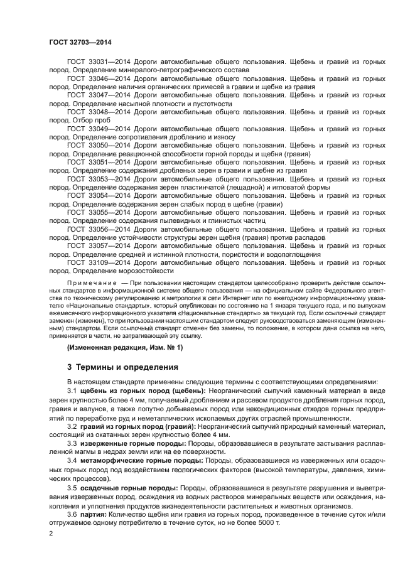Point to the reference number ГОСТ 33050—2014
click(x=95, y=145)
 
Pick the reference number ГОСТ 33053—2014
click(x=95, y=178)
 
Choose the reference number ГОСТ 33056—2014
click(x=95, y=229)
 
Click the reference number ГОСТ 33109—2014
click(x=95, y=262)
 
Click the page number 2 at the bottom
click(x=51, y=534)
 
